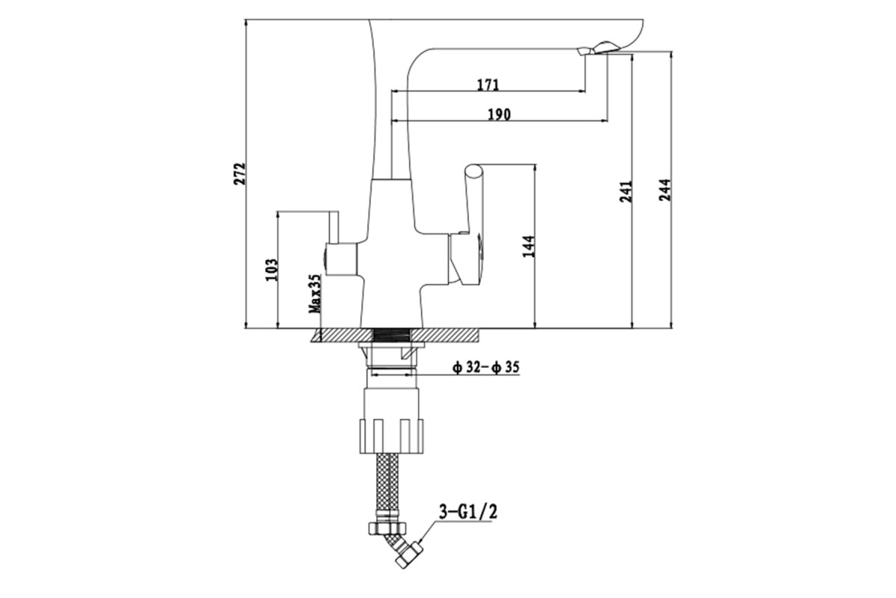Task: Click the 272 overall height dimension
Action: coord(239,173)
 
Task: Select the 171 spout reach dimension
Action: coord(488,85)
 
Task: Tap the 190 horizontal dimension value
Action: coord(500,115)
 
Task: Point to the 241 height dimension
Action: coord(626,191)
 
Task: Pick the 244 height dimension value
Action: coord(665,190)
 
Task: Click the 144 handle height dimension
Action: coord(529,247)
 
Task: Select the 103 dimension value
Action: coord(272,270)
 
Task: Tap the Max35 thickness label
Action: coord(315,294)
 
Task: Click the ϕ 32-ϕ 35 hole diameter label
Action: coord(486,367)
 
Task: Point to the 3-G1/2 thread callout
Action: coord(468,512)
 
